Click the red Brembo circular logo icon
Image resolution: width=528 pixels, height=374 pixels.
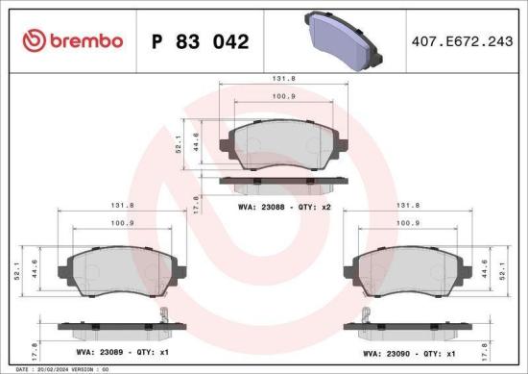[33, 40]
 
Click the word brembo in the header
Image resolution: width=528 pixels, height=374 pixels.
[84, 40]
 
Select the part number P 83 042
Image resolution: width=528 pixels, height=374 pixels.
[201, 41]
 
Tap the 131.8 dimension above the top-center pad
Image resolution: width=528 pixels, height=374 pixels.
[282, 81]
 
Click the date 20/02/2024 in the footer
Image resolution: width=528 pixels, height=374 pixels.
[53, 369]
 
